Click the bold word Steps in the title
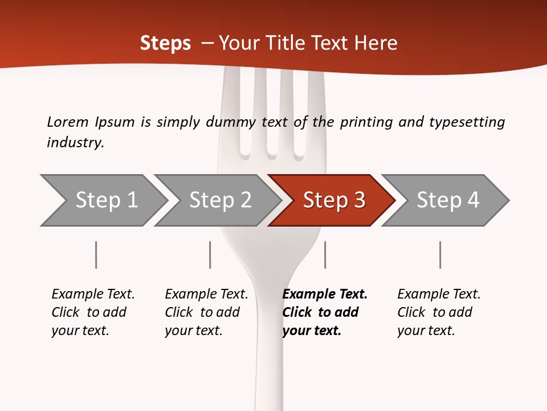(165, 43)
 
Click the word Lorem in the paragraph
(68, 122)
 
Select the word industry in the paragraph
(75, 143)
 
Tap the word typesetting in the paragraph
(467, 122)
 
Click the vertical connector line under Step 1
(96, 255)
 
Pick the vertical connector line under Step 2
(210, 255)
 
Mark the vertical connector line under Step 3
(325, 255)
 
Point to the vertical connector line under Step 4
(440, 255)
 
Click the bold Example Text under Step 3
(325, 295)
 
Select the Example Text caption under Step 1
(93, 295)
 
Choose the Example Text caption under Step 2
(206, 295)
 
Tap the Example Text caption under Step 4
(439, 295)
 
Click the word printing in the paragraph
(364, 122)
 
